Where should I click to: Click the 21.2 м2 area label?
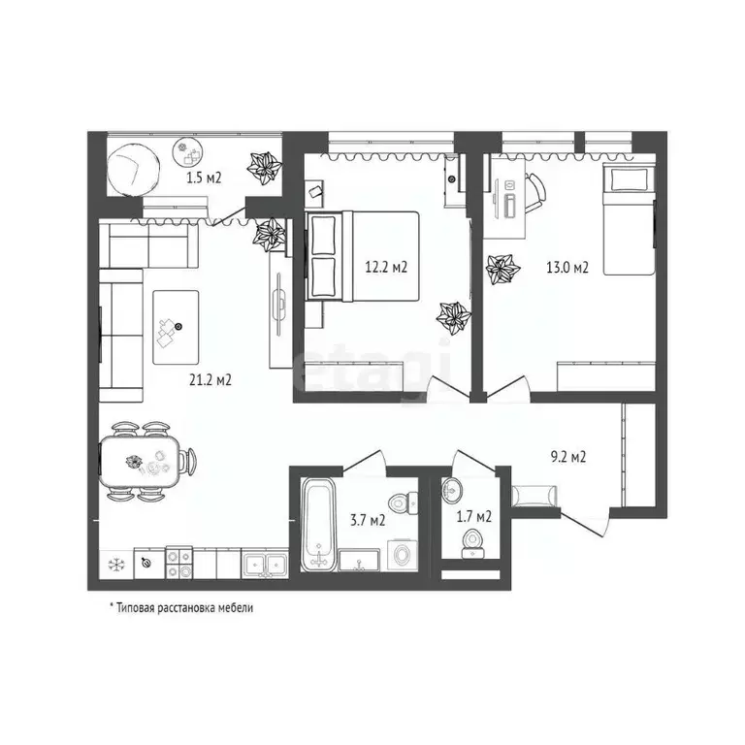[211, 379]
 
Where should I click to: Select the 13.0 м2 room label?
[568, 269]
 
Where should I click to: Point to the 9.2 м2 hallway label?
[567, 456]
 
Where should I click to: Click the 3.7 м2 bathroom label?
[369, 520]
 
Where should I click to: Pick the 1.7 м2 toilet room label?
[474, 516]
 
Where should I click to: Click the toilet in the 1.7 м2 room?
[474, 540]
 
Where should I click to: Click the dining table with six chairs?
[145, 461]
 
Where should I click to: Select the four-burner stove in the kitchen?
[179, 564]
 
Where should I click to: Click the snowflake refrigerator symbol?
[113, 564]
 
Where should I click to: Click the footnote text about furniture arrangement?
[180, 607]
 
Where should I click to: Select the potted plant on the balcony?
[264, 169]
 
